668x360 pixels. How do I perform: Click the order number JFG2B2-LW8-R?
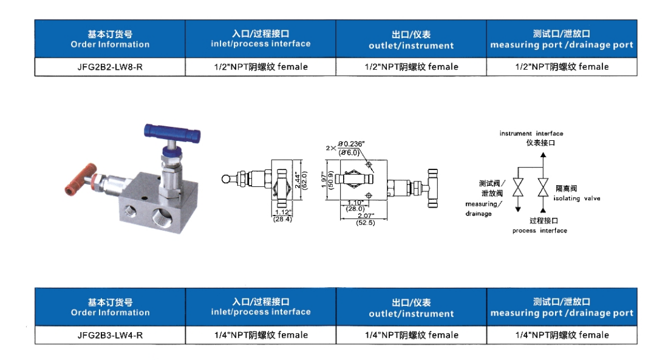110,67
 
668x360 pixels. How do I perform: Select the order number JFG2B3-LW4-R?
110,335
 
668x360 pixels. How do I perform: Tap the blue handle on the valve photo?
172,133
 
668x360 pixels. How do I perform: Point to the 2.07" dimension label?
366,216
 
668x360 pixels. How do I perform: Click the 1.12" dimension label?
283,212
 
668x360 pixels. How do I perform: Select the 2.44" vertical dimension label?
298,180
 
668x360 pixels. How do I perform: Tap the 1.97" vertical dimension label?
324,180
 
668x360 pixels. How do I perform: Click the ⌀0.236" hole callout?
352,144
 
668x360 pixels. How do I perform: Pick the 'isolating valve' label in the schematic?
576,198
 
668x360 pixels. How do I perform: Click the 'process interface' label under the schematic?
539,231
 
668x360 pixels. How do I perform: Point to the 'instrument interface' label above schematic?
531,134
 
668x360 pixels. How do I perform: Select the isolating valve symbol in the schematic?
543,188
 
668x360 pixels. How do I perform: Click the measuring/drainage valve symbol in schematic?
518,188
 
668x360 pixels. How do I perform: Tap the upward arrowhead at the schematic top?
543,155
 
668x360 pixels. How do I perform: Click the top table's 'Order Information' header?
110,44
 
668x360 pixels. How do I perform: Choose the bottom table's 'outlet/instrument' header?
411,314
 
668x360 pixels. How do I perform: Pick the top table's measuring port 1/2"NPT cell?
562,67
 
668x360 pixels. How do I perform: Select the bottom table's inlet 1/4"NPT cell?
261,335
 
